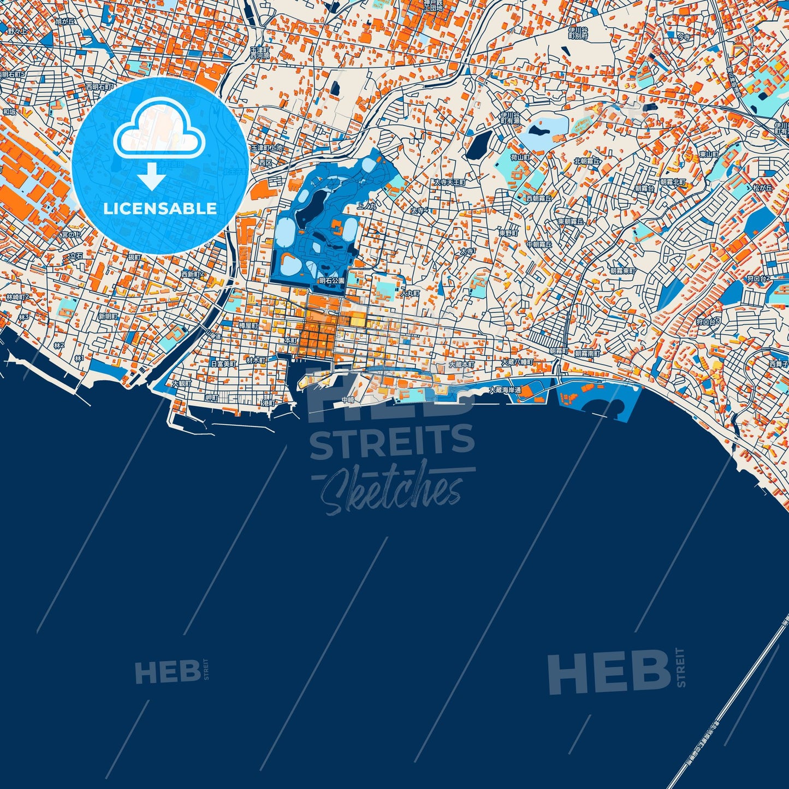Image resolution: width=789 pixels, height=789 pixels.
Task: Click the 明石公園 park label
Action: (332, 281)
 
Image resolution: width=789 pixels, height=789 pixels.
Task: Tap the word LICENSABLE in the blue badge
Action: (160, 208)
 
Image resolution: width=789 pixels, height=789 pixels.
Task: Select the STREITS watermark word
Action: (392, 441)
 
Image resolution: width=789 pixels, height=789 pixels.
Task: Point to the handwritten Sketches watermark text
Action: (392, 489)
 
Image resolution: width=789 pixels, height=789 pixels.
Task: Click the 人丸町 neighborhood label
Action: (410, 294)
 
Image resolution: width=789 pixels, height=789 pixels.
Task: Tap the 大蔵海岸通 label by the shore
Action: (505, 390)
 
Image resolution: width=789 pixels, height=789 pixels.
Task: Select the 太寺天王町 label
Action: (449, 182)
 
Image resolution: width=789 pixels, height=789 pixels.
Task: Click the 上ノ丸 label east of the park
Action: (366, 206)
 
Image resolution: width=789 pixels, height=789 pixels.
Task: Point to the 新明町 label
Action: (108, 317)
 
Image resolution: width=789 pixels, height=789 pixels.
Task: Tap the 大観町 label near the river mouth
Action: (182, 384)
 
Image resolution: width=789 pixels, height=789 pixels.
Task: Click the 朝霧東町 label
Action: (622, 271)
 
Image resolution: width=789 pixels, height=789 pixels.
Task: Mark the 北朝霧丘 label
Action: (587, 162)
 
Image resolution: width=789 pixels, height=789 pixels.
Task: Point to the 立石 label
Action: (76, 256)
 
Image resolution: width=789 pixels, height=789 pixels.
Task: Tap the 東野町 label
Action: (508, 233)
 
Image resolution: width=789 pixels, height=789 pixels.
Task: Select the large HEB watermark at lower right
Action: (609, 672)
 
